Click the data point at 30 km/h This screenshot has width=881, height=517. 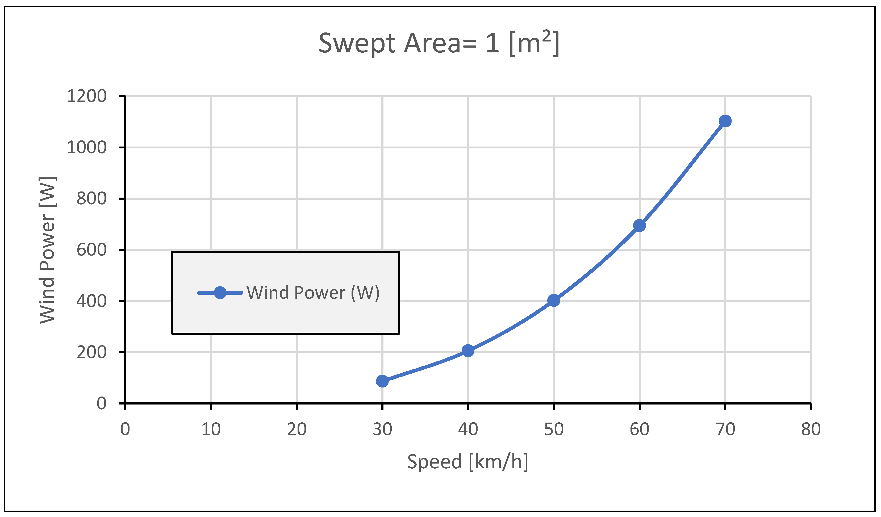click(382, 381)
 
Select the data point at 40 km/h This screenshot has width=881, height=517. click(468, 351)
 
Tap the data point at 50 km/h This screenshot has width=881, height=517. click(553, 300)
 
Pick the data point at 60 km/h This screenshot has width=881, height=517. click(640, 226)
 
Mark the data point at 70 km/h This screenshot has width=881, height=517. click(725, 121)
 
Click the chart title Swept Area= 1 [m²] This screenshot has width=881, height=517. click(439, 43)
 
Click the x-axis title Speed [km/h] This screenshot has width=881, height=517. click(467, 461)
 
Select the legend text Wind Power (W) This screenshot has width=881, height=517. click(313, 293)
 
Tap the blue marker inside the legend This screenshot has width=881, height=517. click(220, 293)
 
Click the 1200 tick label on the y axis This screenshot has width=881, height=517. click(86, 96)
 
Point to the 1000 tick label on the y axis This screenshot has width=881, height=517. click(86, 148)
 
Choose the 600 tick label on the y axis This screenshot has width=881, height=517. click(91, 250)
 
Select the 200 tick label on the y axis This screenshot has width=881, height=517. click(91, 352)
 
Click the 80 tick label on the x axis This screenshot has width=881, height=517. click(811, 429)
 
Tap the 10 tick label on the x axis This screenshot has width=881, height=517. click(211, 429)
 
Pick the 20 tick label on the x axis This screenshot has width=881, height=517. click(297, 429)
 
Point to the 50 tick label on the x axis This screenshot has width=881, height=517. click(554, 429)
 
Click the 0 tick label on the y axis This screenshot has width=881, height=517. click(101, 404)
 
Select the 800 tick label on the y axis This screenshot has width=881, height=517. click(91, 199)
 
